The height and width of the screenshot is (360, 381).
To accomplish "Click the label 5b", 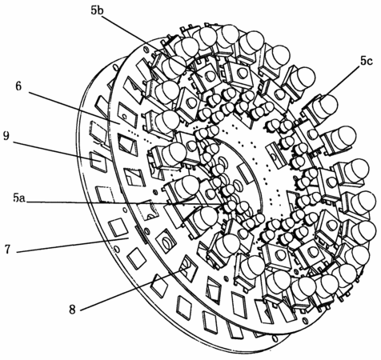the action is pos(97,10).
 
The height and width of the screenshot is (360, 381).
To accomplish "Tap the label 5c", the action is pos(366,62).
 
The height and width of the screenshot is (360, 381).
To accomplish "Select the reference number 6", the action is pos(18,86).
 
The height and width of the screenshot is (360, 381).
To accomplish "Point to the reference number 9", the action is pos(6,136).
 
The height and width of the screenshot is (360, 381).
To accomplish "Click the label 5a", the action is pos(19,198).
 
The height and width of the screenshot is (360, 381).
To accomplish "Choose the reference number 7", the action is pos(7,250).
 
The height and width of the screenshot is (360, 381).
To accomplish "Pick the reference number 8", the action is pos(72,310).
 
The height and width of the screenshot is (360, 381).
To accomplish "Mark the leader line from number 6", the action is pos(74,108).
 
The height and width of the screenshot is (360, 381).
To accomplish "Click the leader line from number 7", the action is pos(72,245).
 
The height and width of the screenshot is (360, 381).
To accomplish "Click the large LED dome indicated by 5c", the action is pos(327,105).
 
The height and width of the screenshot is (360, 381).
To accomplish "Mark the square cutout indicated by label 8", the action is pos(189,268).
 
